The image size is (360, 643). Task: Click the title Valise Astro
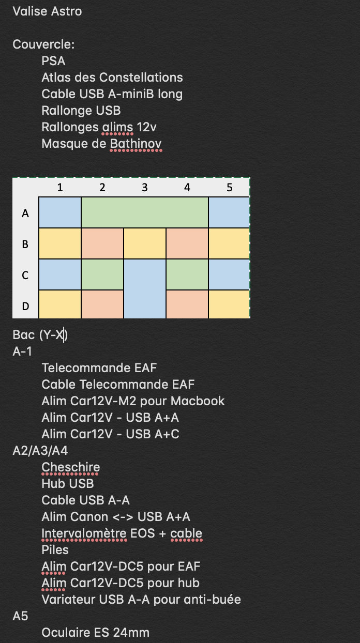pos(47,11)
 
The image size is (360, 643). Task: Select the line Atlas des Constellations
pos(112,78)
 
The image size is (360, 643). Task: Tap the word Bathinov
pos(136,144)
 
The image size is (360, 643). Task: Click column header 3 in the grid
pos(144,187)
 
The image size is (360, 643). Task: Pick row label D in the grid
pos(25,306)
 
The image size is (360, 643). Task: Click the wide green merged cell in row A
pos(145,212)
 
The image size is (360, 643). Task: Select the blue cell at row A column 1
pos(60,212)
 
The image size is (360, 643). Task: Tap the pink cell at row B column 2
pos(102,243)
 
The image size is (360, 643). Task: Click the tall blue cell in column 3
pos(145,288)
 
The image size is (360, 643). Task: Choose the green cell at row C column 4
pos(187,274)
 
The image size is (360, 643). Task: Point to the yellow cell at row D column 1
pos(60,304)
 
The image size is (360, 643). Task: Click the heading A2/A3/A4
pos(40,451)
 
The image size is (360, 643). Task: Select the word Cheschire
pos(70,467)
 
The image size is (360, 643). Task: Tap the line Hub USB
pos(67,484)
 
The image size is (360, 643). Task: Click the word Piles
pos(55,550)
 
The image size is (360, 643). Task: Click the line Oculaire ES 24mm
pos(95,633)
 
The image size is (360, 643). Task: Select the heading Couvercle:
pos(43,44)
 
